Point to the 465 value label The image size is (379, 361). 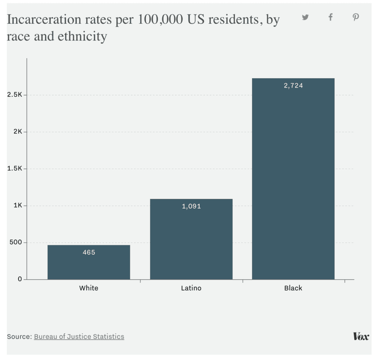coord(89,253)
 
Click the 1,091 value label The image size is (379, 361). coord(191,206)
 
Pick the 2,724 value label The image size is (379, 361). coord(293,86)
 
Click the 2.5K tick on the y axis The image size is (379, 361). coord(15,95)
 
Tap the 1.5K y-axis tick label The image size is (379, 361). coord(15,169)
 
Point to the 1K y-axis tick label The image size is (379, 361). coord(18,206)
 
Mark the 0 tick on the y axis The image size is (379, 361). coord(20,279)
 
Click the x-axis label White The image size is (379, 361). coord(89,288)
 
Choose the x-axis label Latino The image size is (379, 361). coord(191,288)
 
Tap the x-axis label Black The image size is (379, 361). coord(293,288)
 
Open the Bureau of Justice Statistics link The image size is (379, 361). coord(79,337)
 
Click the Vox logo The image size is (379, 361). coord(361,337)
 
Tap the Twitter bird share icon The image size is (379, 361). coord(305,17)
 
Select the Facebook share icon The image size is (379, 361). coord(331,17)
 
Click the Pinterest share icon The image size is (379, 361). coord(356,17)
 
